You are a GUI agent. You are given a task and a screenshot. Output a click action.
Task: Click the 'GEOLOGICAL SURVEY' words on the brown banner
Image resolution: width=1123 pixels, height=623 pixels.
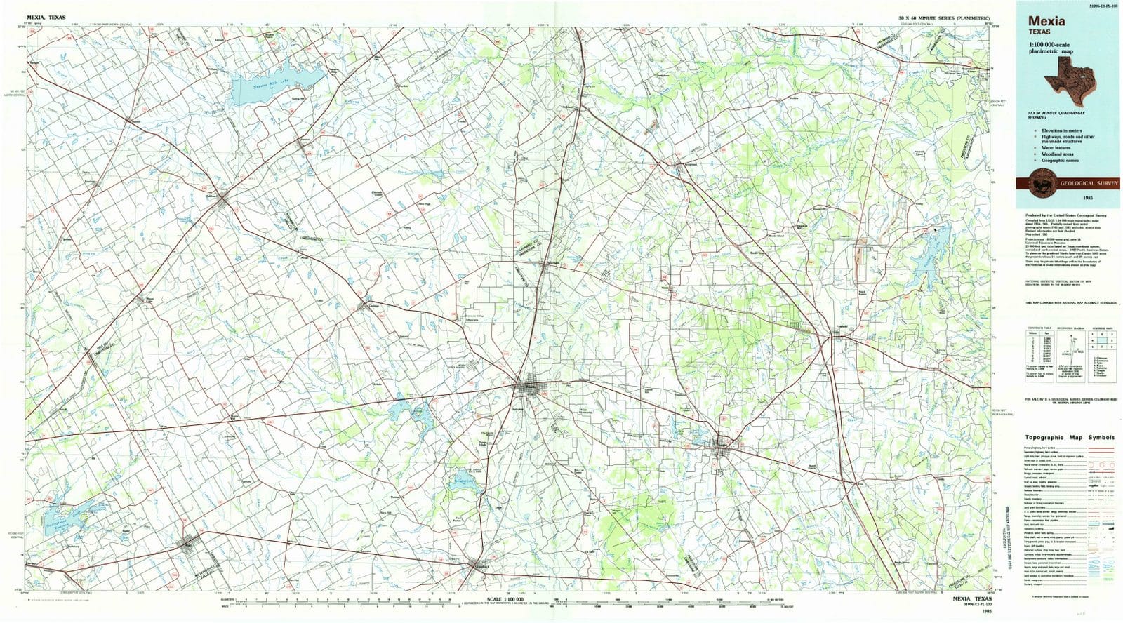pyautogui.click(x=1079, y=182)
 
